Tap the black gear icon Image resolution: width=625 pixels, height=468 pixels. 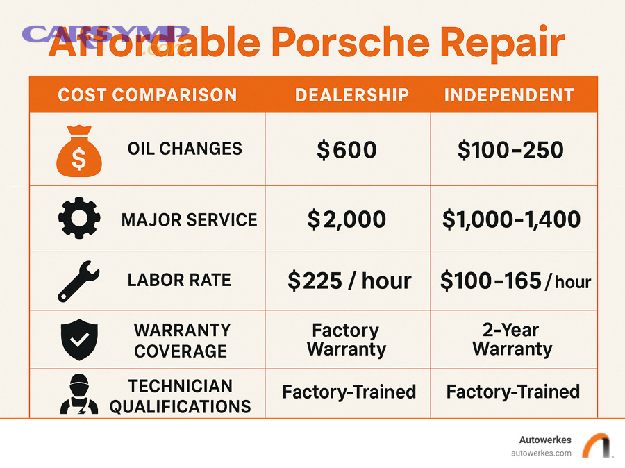tap(78, 219)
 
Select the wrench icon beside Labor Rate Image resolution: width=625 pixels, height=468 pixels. tap(78, 280)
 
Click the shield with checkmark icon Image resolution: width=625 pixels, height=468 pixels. tap(78, 340)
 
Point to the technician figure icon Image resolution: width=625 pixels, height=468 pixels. tap(78, 394)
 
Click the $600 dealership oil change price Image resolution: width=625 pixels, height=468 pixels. tap(347, 150)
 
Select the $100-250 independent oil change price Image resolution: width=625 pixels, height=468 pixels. tap(510, 150)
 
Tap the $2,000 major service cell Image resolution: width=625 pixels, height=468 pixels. tap(347, 219)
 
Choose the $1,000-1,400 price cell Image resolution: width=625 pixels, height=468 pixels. tap(512, 219)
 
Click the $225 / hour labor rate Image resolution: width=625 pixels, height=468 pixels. tap(349, 281)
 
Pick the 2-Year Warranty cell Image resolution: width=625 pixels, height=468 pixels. tap(512, 339)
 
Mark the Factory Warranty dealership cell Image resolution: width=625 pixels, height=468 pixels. tap(346, 340)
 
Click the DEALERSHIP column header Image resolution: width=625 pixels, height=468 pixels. tap(352, 95)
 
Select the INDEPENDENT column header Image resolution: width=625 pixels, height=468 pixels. tap(509, 95)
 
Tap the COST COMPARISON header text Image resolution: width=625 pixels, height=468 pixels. tap(147, 95)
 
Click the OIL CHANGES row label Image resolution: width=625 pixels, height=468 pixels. tap(185, 149)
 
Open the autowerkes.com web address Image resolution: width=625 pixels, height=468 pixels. tap(541, 453)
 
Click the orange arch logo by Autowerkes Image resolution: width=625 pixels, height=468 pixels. tap(595, 446)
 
